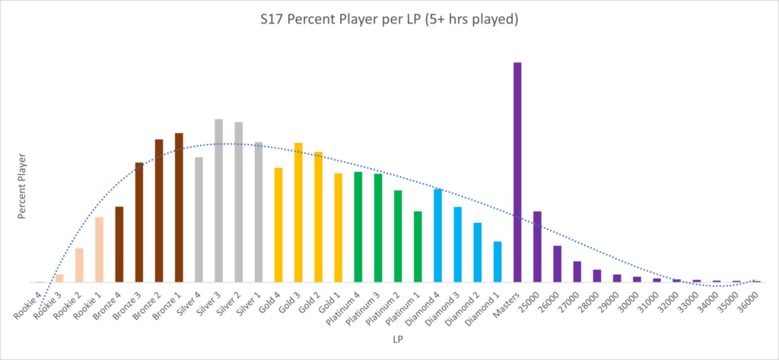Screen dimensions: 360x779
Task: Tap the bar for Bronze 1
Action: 179,207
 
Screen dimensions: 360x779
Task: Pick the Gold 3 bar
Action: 298,212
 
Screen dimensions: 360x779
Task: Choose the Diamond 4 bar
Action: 437,235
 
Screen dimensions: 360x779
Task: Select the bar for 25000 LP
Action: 537,247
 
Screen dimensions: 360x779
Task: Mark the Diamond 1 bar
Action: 498,262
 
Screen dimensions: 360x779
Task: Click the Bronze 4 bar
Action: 119,244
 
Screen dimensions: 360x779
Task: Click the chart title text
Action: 389,19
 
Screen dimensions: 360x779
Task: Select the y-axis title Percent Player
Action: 23,186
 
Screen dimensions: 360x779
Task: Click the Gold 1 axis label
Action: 329,301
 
